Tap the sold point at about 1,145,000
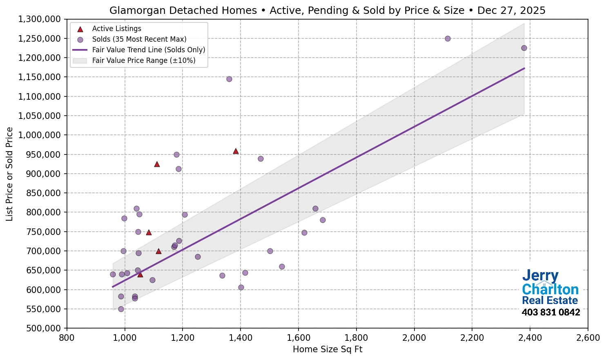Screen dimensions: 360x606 pos(229,79)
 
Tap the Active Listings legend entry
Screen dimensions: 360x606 pos(116,29)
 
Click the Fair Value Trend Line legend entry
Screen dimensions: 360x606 pos(148,50)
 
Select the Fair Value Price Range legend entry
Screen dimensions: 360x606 pos(143,60)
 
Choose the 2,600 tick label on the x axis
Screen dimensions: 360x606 pos(588,338)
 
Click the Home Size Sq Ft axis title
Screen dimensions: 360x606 pos(328,349)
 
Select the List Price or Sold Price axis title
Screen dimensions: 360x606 pos(10,174)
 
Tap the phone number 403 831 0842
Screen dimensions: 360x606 pos(550,313)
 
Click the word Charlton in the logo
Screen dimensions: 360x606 pos(550,289)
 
